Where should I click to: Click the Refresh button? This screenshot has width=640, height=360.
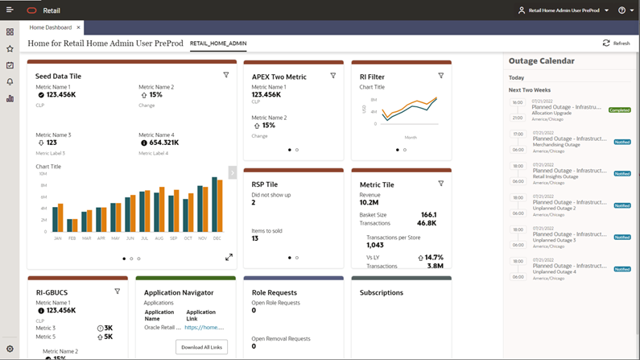[x=616, y=43]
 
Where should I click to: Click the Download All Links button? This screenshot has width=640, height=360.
[x=201, y=346]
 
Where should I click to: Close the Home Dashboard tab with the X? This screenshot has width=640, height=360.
[x=78, y=27]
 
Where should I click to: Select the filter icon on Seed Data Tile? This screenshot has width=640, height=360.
[x=226, y=76]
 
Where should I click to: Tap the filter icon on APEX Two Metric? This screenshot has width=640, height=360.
[x=333, y=76]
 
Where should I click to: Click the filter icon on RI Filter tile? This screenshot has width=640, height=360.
[x=441, y=76]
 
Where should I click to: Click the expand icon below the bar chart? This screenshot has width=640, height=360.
[x=229, y=257]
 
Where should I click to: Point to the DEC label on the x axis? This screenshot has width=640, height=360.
[x=217, y=238]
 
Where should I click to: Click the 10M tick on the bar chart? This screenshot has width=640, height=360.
[x=42, y=174]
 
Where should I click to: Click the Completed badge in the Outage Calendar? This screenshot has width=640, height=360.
[x=619, y=110]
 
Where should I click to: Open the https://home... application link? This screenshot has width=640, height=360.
[x=204, y=328]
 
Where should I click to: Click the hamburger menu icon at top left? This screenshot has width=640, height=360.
[x=10, y=10]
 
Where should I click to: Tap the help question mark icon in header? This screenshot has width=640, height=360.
[x=621, y=10]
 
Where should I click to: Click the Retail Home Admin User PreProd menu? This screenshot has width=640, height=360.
[x=564, y=10]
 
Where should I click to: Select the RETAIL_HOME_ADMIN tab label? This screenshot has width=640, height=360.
[x=218, y=43]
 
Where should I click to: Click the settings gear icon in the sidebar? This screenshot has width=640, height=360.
[x=10, y=349]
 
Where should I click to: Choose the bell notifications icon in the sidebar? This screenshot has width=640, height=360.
[x=10, y=82]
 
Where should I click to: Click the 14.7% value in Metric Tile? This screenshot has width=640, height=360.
[x=433, y=258]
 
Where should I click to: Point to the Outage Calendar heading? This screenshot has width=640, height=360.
[x=541, y=61]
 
